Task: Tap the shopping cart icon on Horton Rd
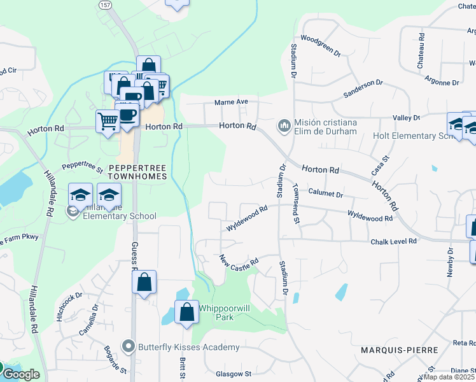pos(108,120)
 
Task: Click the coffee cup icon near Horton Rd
pos(128,113)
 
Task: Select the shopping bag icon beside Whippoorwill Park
pos(186,313)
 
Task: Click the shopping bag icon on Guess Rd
pos(144,282)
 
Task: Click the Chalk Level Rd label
pos(393,242)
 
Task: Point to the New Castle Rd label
pos(239,261)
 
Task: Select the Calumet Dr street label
pos(326,192)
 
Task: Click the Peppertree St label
pos(82,168)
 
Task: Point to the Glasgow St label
pos(234,374)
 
